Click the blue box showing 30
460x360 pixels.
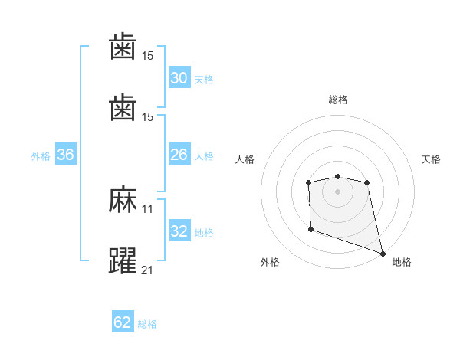(179, 78)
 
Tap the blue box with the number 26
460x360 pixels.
(179, 155)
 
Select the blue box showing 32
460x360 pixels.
(179, 231)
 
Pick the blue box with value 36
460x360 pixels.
(65, 155)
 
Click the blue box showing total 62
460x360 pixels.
(123, 322)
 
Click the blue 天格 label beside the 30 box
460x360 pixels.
(204, 79)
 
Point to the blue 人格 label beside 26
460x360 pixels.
(204, 155)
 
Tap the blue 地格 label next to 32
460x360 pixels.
(204, 232)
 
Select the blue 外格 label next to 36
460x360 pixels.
(41, 155)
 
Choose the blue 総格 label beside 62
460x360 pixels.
(147, 323)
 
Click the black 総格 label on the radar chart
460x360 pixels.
(338, 100)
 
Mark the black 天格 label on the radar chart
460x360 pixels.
(432, 159)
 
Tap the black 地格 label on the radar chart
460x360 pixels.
(402, 262)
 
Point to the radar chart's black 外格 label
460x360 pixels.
(270, 262)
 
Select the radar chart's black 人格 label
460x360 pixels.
(245, 159)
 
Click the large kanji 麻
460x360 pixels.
(123, 201)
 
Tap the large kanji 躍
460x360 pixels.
(123, 261)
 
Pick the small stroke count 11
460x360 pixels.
(148, 208)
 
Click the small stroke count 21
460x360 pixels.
(148, 270)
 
